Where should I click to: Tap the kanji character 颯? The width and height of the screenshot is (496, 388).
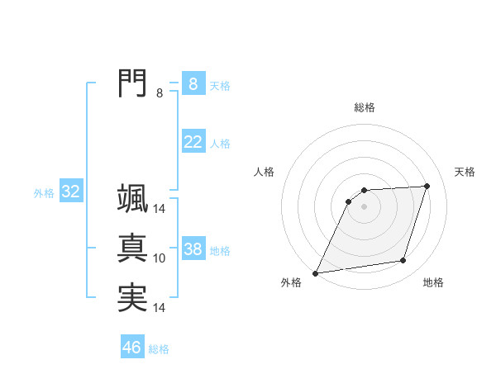click(133, 199)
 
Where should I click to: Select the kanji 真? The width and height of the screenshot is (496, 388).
click(133, 248)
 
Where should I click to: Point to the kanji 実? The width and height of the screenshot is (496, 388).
click(133, 296)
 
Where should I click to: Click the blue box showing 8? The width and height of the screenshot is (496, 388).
click(193, 84)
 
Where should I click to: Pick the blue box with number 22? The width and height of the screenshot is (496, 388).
click(193, 142)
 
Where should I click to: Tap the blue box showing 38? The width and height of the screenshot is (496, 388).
click(193, 249)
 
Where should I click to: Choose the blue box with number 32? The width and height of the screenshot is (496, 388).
click(70, 192)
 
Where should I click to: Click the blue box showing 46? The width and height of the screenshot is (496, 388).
click(132, 348)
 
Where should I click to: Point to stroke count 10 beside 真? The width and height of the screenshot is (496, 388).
click(160, 258)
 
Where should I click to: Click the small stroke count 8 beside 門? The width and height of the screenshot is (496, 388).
click(160, 93)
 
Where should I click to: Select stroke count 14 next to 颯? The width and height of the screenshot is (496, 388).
click(160, 210)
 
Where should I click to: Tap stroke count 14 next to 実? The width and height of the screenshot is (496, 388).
click(160, 308)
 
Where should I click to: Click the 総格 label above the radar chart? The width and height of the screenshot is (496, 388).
click(365, 107)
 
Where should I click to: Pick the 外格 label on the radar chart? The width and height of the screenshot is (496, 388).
click(291, 283)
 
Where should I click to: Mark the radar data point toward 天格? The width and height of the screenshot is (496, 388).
click(427, 186)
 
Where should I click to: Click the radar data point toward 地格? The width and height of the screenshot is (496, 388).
click(403, 261)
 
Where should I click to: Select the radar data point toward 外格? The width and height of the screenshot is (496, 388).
click(316, 273)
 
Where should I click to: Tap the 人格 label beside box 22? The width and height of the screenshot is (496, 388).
click(220, 144)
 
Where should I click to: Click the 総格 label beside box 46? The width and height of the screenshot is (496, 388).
click(159, 349)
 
